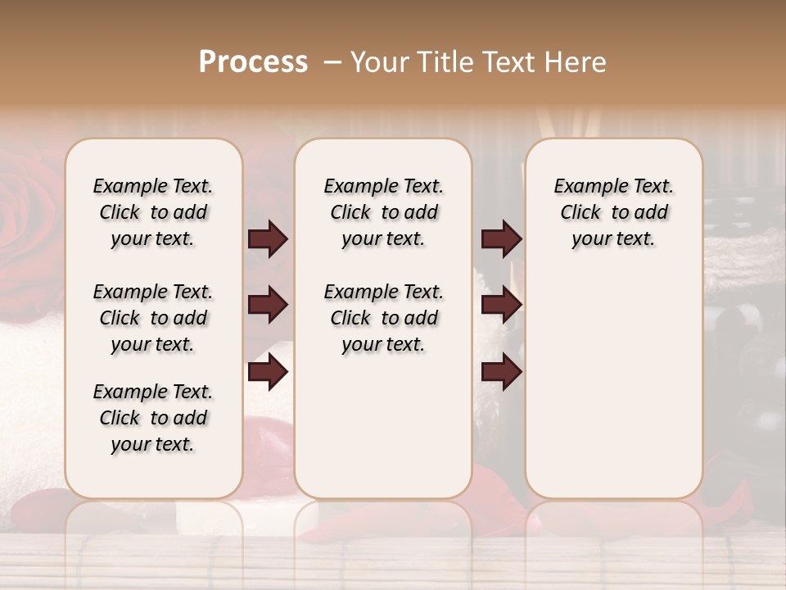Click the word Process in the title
(253, 61)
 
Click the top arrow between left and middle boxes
(268, 239)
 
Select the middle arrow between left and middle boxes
(268, 306)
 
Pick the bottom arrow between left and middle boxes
(268, 373)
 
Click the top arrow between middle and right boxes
(501, 239)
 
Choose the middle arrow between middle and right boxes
(501, 306)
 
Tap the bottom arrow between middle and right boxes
(501, 373)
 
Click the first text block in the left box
(153, 212)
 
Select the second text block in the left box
(153, 318)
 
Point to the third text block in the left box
(153, 418)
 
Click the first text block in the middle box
(384, 212)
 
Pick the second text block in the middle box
(384, 318)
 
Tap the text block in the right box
(614, 212)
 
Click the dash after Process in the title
(332, 61)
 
